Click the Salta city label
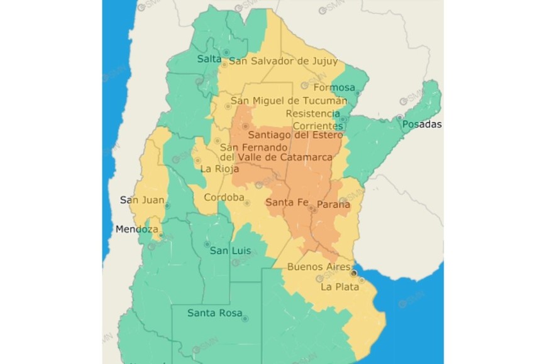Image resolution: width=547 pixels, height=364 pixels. (x=209, y=59)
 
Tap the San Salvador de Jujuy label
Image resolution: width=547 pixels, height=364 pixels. (x=283, y=61)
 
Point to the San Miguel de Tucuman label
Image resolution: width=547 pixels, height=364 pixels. (x=289, y=101)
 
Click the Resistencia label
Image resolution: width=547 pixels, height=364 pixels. (x=312, y=114)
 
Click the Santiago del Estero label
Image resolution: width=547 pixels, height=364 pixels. (x=296, y=135)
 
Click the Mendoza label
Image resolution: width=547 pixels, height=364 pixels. (x=136, y=229)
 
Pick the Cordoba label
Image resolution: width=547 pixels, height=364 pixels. (x=223, y=198)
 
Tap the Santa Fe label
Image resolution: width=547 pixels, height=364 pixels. (x=286, y=202)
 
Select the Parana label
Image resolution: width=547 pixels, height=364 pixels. (x=333, y=205)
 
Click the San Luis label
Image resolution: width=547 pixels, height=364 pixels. (x=230, y=251)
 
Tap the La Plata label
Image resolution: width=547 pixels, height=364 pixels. (x=340, y=287)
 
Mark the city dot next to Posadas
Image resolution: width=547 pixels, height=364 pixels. (x=399, y=117)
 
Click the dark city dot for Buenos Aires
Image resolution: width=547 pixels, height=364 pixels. (x=354, y=273)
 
